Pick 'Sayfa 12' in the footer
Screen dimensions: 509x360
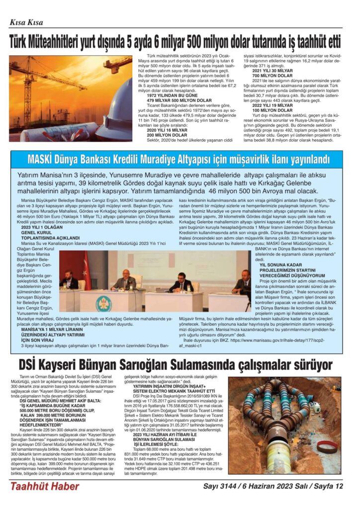(x=327, y=486)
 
